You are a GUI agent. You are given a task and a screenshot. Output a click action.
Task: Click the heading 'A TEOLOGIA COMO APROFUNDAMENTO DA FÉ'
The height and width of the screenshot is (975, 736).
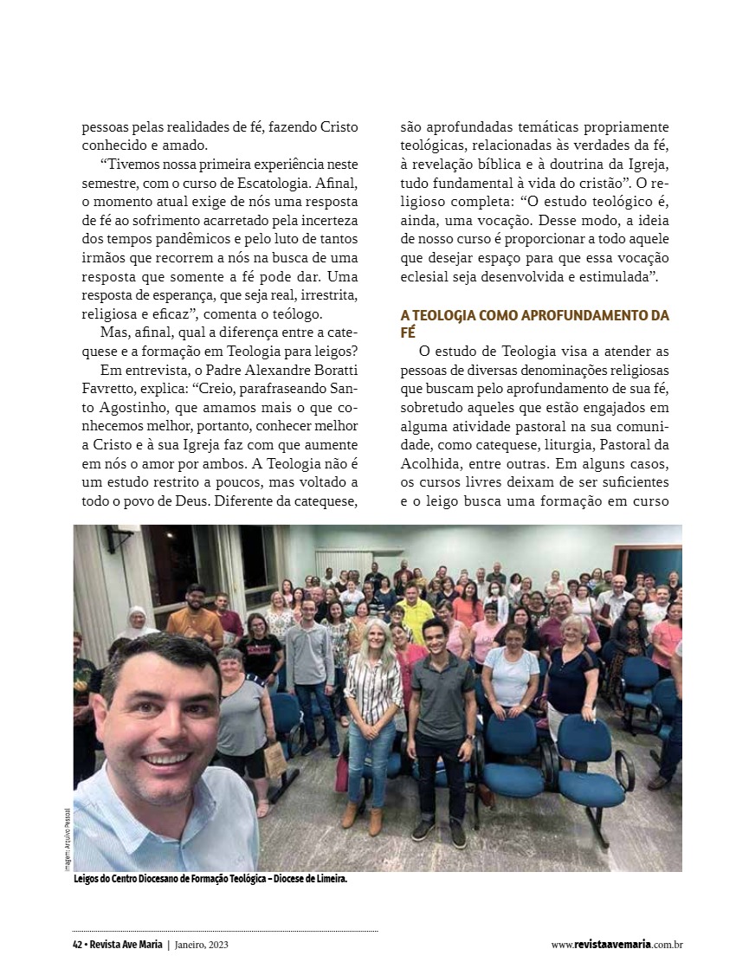534,323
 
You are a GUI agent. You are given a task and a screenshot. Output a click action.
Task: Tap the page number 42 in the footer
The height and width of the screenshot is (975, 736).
77,945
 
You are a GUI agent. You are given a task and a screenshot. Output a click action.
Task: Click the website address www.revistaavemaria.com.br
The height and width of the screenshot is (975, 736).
617,945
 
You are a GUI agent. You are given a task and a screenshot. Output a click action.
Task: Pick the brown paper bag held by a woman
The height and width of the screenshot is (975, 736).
274,759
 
